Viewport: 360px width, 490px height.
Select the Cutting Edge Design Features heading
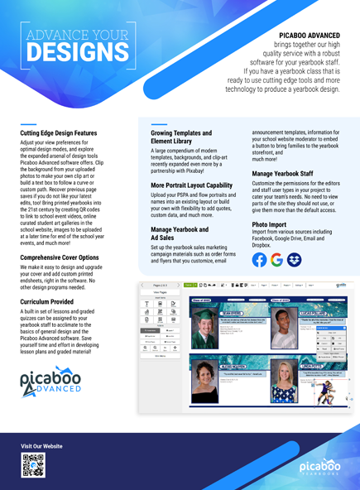tap(59, 132)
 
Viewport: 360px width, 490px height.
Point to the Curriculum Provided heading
tap(54, 302)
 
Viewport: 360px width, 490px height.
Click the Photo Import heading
tap(270, 224)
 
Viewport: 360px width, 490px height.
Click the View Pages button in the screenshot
tap(160, 293)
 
